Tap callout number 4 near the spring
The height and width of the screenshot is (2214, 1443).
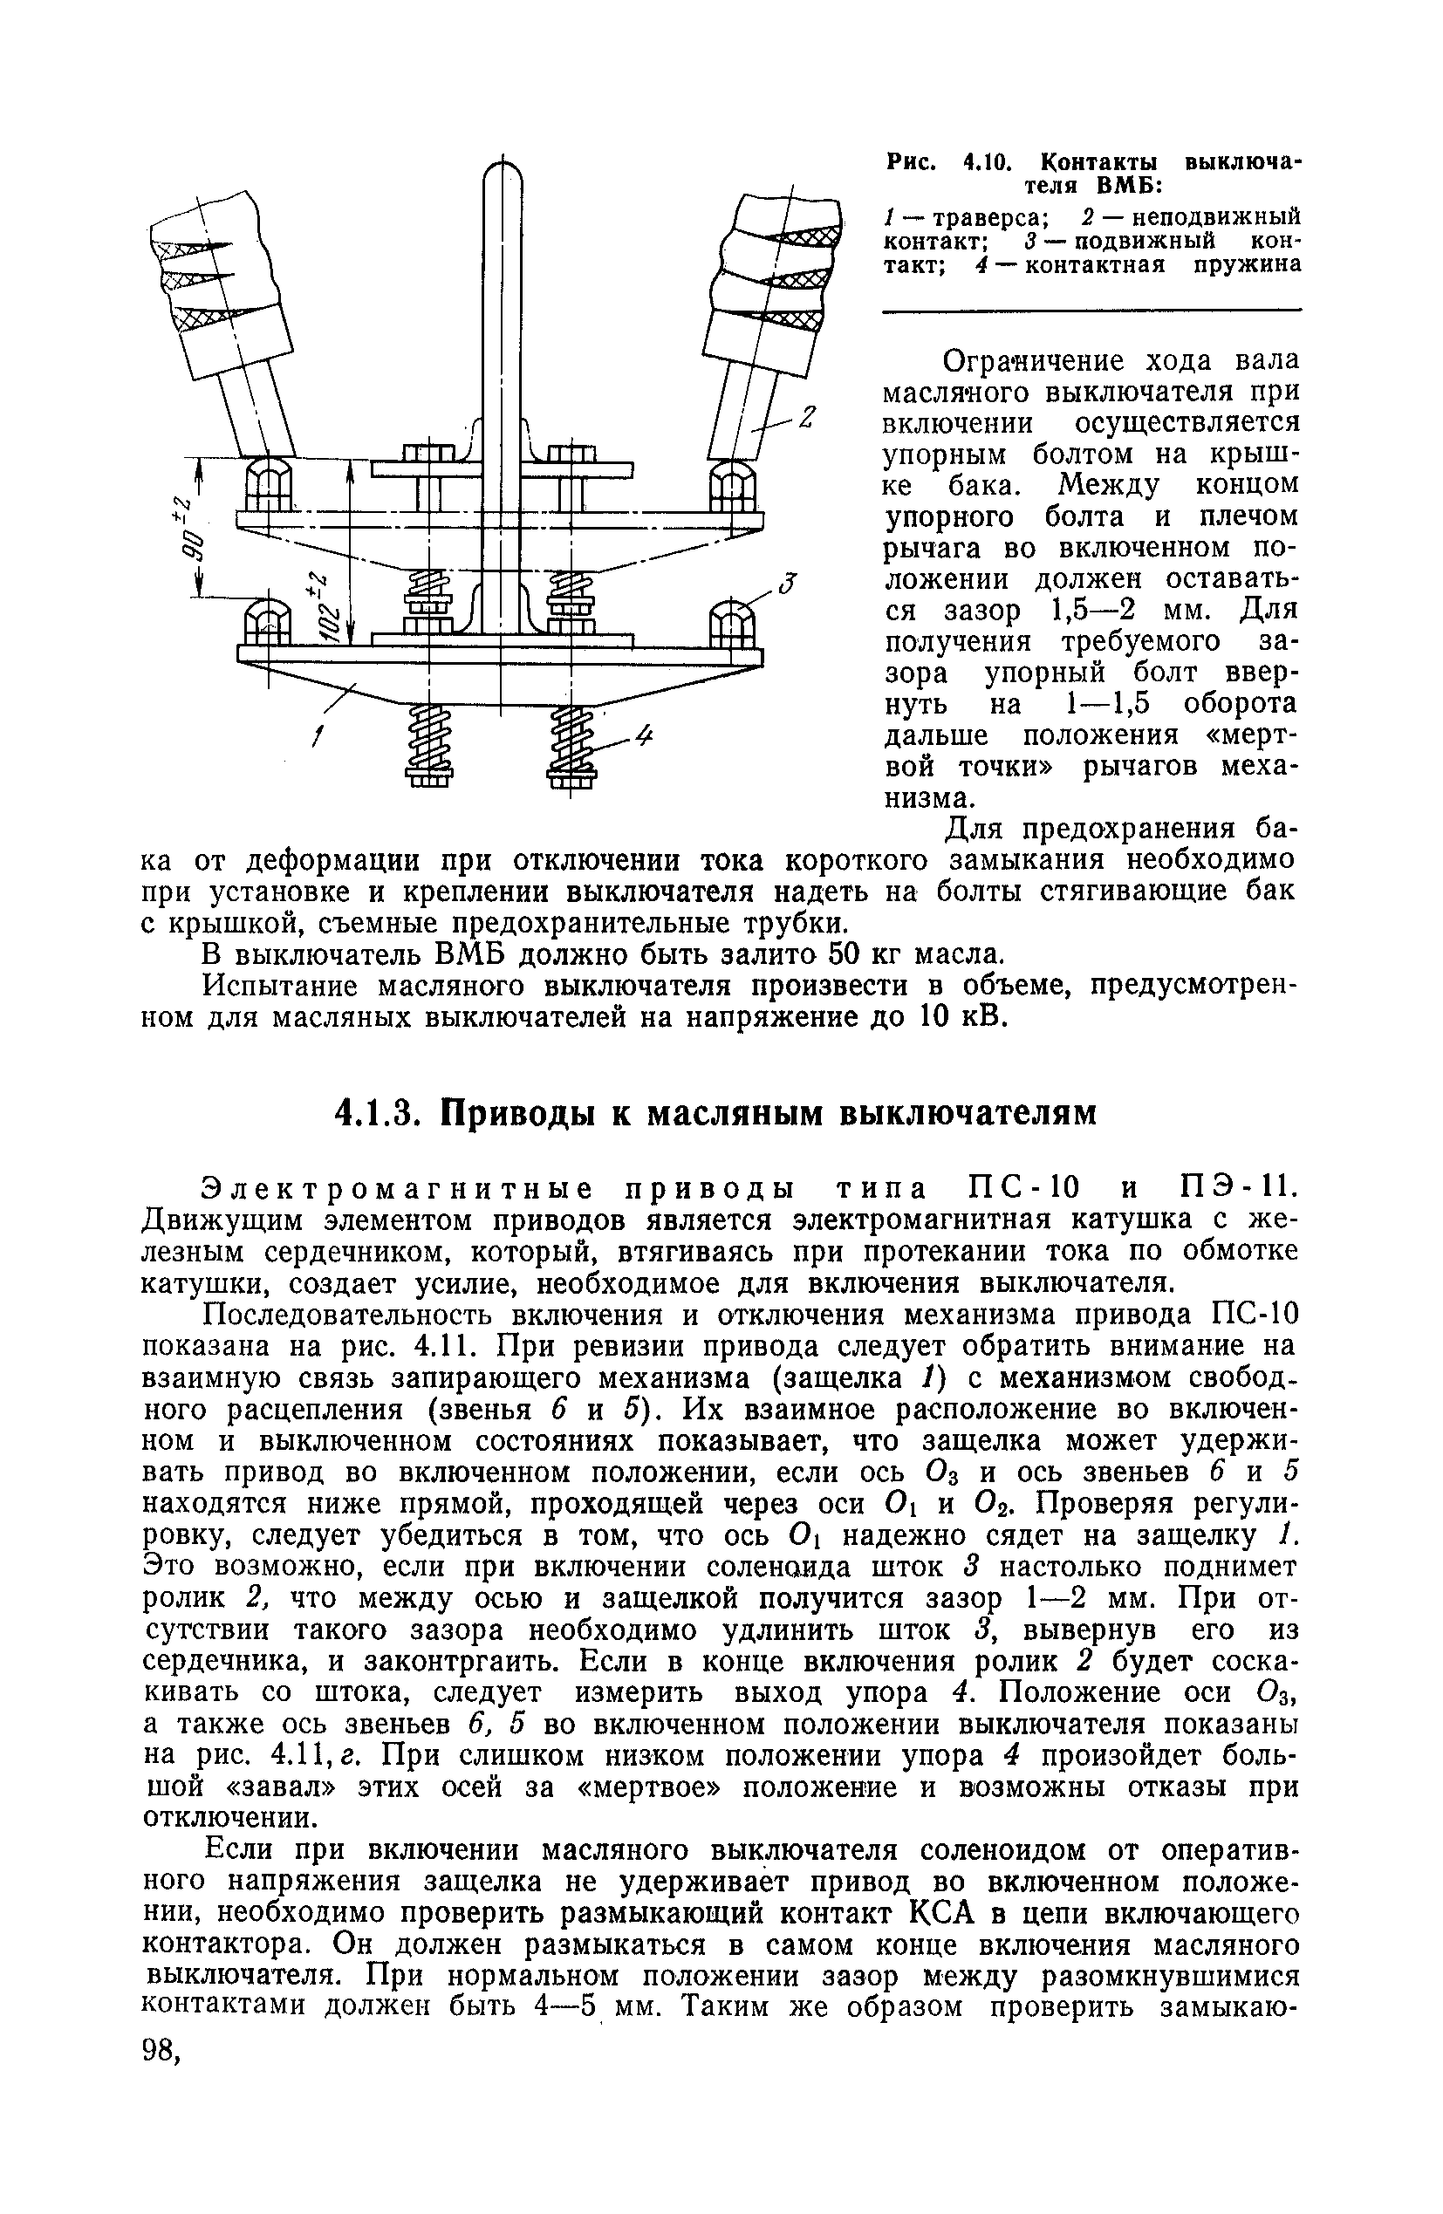[645, 738]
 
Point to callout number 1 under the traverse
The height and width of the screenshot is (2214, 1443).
[318, 739]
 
